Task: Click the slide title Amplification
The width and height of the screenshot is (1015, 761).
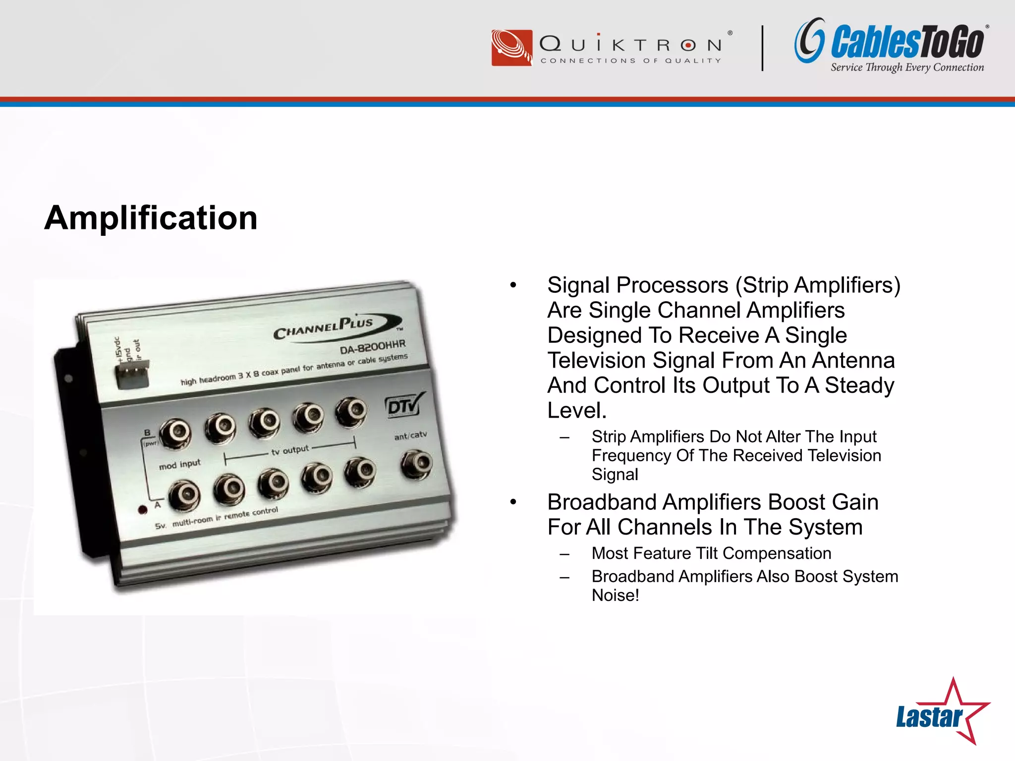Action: [151, 218]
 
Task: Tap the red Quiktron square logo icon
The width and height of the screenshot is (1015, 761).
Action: [511, 48]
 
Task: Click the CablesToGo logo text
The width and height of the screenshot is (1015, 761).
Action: [907, 42]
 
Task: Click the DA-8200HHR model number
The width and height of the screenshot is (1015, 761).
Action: [373, 347]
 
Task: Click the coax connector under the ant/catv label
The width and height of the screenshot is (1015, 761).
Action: [416, 463]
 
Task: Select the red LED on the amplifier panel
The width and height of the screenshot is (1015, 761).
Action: [143, 510]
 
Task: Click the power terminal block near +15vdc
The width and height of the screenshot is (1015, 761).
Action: [132, 373]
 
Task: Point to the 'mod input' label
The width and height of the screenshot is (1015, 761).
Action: [180, 465]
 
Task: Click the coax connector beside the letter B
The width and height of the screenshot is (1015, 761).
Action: [175, 433]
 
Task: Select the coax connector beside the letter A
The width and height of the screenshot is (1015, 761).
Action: [184, 495]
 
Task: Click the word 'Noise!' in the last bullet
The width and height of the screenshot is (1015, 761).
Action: [615, 596]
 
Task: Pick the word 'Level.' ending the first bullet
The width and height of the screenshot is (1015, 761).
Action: [577, 411]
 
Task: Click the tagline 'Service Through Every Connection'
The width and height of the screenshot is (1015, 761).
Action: [907, 67]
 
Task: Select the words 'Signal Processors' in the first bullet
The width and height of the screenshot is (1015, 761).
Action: [637, 285]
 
